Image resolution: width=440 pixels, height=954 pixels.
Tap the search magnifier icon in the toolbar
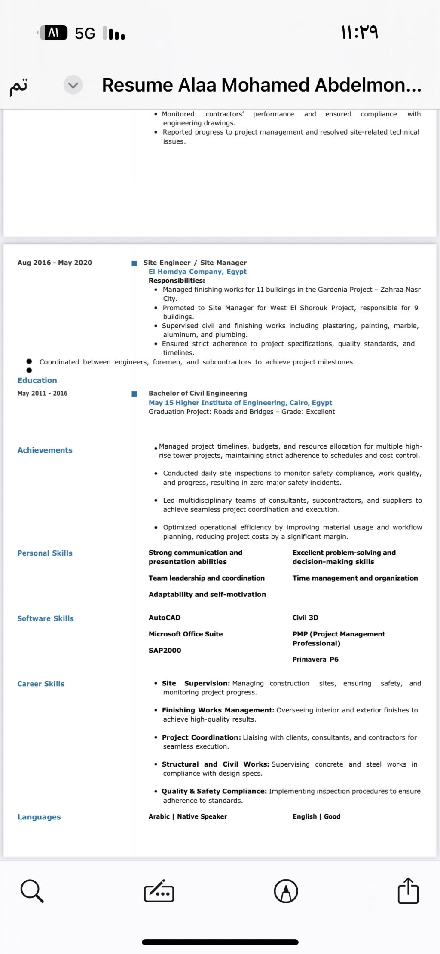tap(32, 890)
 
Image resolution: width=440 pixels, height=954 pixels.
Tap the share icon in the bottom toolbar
tap(408, 890)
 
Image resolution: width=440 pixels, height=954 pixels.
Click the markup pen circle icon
tap(286, 891)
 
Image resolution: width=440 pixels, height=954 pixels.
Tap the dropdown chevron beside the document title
tap(73, 85)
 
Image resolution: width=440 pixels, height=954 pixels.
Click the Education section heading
tap(37, 380)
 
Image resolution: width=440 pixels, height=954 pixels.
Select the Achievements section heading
tap(45, 450)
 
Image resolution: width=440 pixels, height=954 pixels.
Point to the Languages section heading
tap(39, 817)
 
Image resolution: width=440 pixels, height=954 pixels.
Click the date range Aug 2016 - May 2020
tap(55, 263)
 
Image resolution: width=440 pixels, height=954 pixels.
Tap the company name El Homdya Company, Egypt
tap(197, 272)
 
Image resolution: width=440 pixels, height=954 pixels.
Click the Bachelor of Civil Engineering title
tap(198, 393)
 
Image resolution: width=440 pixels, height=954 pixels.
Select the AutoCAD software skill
tap(165, 618)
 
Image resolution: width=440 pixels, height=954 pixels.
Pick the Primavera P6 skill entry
tap(315, 659)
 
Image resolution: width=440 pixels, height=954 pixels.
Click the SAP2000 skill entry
tap(165, 650)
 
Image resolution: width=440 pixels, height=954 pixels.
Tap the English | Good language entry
tap(316, 816)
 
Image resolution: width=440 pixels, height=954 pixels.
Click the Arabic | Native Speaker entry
tap(188, 816)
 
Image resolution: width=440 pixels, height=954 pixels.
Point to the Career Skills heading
tap(41, 684)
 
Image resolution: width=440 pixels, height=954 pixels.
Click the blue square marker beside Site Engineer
tap(134, 263)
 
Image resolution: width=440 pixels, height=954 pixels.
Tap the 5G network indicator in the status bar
tap(85, 33)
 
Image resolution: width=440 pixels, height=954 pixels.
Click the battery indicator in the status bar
tap(53, 33)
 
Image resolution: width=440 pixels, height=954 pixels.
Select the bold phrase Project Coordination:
tap(201, 737)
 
